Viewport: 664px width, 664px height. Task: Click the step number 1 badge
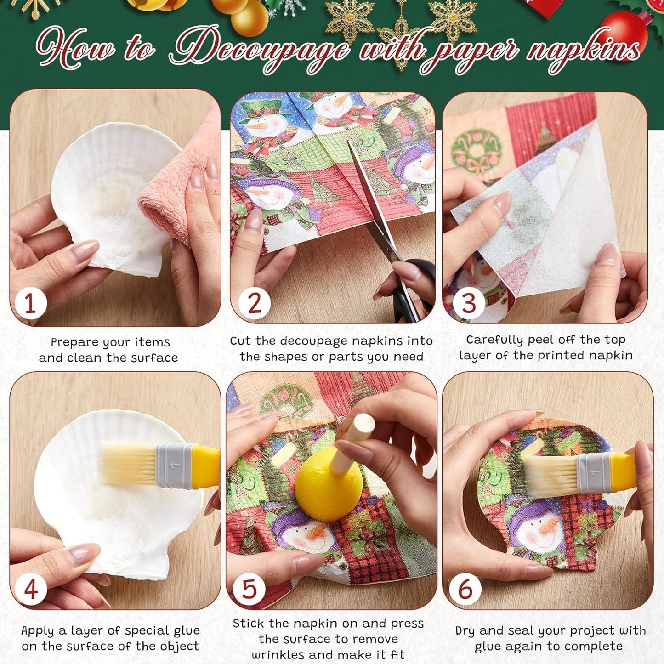pos(31,304)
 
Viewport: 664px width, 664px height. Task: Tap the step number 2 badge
pos(254,303)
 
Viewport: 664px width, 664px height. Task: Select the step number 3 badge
pos(469,303)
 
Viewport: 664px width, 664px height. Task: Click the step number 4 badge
pos(31,590)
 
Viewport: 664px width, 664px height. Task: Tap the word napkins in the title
pos(582,51)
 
